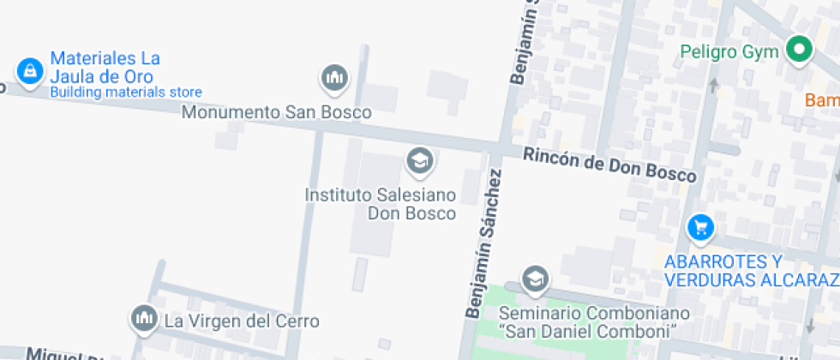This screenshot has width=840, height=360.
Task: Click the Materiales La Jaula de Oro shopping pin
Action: pyautogui.click(x=29, y=71)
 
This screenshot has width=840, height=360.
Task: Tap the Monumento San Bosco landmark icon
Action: pyautogui.click(x=334, y=79)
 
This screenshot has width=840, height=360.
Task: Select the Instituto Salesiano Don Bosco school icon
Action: pyautogui.click(x=419, y=159)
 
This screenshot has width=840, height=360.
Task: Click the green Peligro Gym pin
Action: pyautogui.click(x=799, y=50)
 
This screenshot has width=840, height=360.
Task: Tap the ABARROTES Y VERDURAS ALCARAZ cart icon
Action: pyautogui.click(x=701, y=227)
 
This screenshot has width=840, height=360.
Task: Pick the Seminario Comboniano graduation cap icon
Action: pyautogui.click(x=535, y=279)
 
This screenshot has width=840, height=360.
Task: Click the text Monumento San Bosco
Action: pyautogui.click(x=277, y=112)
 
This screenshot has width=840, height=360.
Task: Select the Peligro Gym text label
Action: pyautogui.click(x=729, y=51)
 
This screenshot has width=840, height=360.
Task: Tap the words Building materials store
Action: pyautogui.click(x=126, y=93)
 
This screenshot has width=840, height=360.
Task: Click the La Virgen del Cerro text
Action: pyautogui.click(x=242, y=321)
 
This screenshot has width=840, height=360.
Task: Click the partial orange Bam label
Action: pyautogui.click(x=822, y=100)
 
